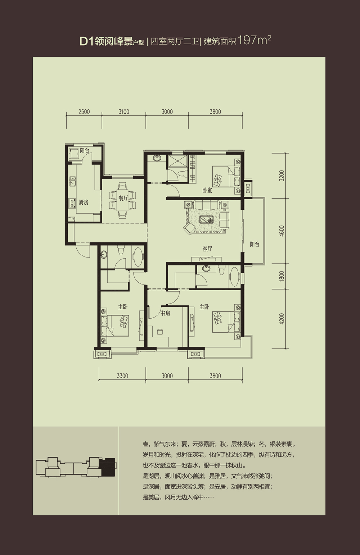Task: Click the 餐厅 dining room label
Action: (x=123, y=198)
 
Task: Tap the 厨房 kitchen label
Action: (x=84, y=203)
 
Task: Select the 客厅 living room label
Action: (x=207, y=249)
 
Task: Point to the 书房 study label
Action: (x=165, y=314)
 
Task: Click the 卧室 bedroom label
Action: (x=207, y=190)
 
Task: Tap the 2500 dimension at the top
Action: (x=84, y=112)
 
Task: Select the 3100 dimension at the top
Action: (x=123, y=112)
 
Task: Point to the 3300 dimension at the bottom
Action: (x=122, y=376)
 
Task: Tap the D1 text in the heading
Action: (x=86, y=41)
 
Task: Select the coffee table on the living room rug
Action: (x=207, y=220)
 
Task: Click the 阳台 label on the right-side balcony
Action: (x=255, y=245)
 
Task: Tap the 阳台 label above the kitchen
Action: (x=85, y=151)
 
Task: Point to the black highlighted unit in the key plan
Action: (x=108, y=467)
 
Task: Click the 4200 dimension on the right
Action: (x=282, y=319)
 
